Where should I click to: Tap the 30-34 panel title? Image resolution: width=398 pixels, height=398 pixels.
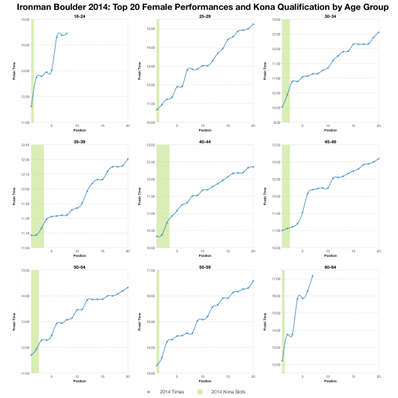click(x=330, y=14)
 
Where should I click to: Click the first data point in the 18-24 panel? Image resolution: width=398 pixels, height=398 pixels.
click(x=31, y=106)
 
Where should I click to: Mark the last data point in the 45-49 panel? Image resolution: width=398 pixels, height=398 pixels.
click(x=378, y=158)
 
